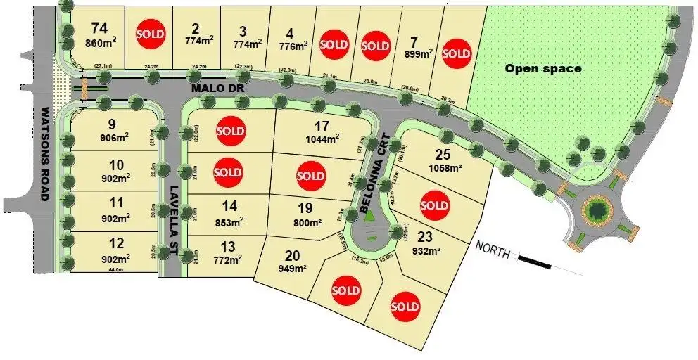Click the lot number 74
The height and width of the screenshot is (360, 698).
tap(99, 28)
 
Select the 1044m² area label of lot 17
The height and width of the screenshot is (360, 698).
tap(322, 139)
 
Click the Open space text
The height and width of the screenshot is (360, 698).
tap(543, 68)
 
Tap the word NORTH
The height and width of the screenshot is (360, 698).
tap(492, 250)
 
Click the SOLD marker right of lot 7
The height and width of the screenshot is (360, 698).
tap(457, 53)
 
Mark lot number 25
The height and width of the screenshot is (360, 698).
tap(443, 154)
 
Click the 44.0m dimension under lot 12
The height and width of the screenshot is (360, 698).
tap(115, 269)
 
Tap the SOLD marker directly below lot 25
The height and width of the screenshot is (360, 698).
tap(434, 205)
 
